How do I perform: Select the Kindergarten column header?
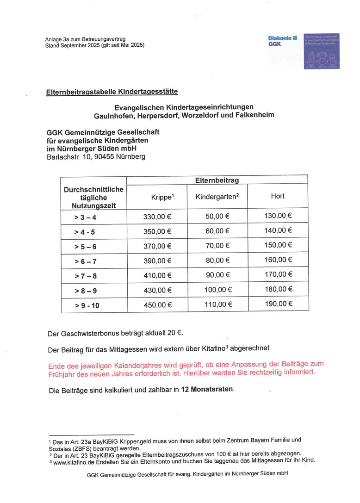pyautogui.click(x=217, y=197)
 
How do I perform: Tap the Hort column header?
pyautogui.click(x=278, y=196)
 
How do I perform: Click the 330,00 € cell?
pyautogui.click(x=157, y=216)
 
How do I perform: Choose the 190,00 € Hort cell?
pyautogui.click(x=279, y=304)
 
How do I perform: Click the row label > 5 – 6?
pyautogui.click(x=85, y=247)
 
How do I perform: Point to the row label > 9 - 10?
pyautogui.click(x=87, y=305)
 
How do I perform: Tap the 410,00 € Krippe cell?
pyautogui.click(x=157, y=275)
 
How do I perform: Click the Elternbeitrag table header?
pyautogui.click(x=217, y=180)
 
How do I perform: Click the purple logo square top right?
pyautogui.click(x=322, y=51)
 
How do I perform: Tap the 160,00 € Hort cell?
pyautogui.click(x=279, y=260)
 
